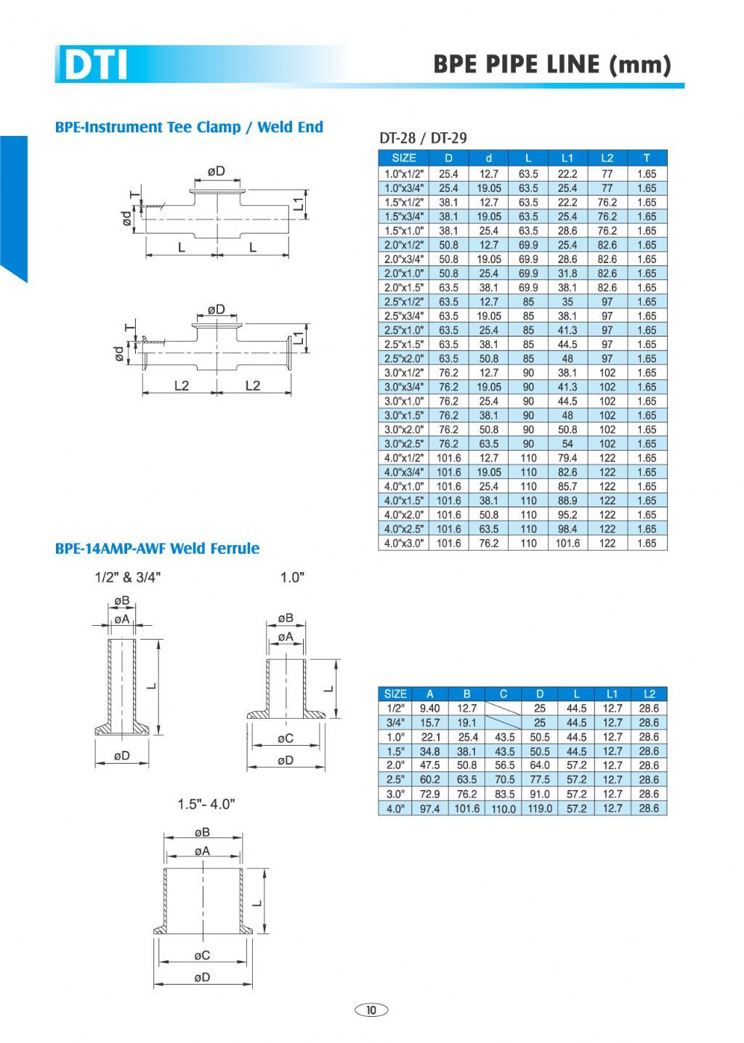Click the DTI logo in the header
pyautogui.click(x=95, y=64)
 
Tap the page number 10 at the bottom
pyautogui.click(x=371, y=1010)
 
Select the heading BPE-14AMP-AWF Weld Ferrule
pyautogui.click(x=157, y=548)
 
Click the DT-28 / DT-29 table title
pyautogui.click(x=423, y=137)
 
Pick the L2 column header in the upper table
pyautogui.click(x=607, y=158)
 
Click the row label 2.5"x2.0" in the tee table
pyautogui.click(x=403, y=358)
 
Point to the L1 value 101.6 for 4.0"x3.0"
pyautogui.click(x=567, y=543)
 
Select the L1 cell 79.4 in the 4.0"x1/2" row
pyautogui.click(x=567, y=458)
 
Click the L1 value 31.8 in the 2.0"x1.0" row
pyautogui.click(x=567, y=273)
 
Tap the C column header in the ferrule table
pyautogui.click(x=503, y=693)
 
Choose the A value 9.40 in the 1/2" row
pyautogui.click(x=430, y=708)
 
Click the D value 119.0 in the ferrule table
pyautogui.click(x=540, y=808)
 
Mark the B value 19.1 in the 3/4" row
pyautogui.click(x=466, y=722)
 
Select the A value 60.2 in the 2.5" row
pyautogui.click(x=430, y=780)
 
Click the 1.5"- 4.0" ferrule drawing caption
pyautogui.click(x=206, y=805)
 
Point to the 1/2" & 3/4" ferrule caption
pyautogui.click(x=128, y=577)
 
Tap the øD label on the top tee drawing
pyautogui.click(x=216, y=172)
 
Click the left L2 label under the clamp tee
pyautogui.click(x=181, y=385)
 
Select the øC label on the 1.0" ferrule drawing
pyautogui.click(x=286, y=738)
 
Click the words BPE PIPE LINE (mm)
pyautogui.click(x=551, y=64)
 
